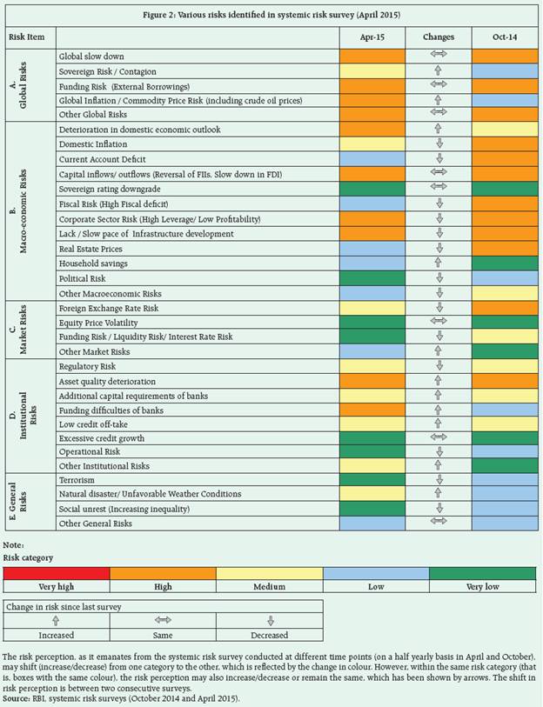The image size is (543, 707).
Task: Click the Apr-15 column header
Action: coord(372,37)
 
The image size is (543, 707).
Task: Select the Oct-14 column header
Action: coord(505,37)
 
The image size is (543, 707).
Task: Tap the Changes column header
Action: coord(439,37)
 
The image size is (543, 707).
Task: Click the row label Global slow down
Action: coord(90,56)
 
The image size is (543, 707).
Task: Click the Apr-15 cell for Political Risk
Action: coord(372,278)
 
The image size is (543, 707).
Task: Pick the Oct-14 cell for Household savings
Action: coord(505,263)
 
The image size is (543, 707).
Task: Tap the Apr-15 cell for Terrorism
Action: coord(372,479)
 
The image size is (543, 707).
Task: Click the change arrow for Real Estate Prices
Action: coord(439,249)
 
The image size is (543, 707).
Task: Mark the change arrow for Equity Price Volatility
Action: coord(439,323)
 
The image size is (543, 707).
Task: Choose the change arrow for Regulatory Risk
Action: coord(439,367)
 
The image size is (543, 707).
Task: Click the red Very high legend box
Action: coord(56,573)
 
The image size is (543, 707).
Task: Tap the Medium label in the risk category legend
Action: coord(269,587)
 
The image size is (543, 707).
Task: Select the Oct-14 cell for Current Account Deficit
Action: coord(505,159)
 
